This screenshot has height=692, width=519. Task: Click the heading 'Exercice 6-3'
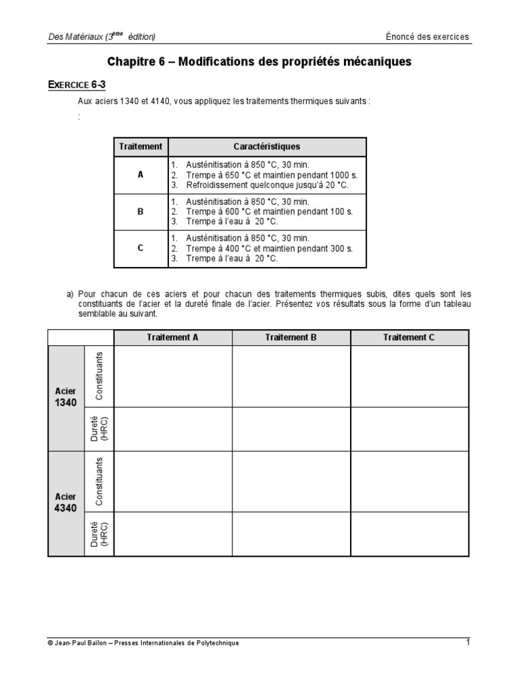coord(77,84)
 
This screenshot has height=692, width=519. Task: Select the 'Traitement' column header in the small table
coord(141,147)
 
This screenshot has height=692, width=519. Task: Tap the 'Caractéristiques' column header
coord(267,147)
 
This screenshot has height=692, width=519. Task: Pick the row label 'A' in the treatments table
coord(141,174)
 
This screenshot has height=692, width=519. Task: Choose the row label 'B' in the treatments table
coord(141,212)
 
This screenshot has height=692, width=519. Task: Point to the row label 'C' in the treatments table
coord(141,248)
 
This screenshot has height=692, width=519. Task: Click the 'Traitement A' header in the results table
coord(173,337)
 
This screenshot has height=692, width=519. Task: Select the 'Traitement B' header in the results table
coord(291,337)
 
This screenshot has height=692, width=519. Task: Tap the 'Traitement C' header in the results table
coord(409,337)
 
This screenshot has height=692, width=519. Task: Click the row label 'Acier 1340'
coord(66,397)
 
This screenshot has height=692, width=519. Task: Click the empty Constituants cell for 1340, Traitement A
coord(173,376)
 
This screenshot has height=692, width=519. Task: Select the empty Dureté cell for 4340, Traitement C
coord(409,534)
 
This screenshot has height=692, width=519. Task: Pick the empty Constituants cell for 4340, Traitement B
coord(291,481)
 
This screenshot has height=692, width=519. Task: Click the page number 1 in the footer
coord(467,642)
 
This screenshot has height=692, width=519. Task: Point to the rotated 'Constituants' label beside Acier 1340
coord(99,376)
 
